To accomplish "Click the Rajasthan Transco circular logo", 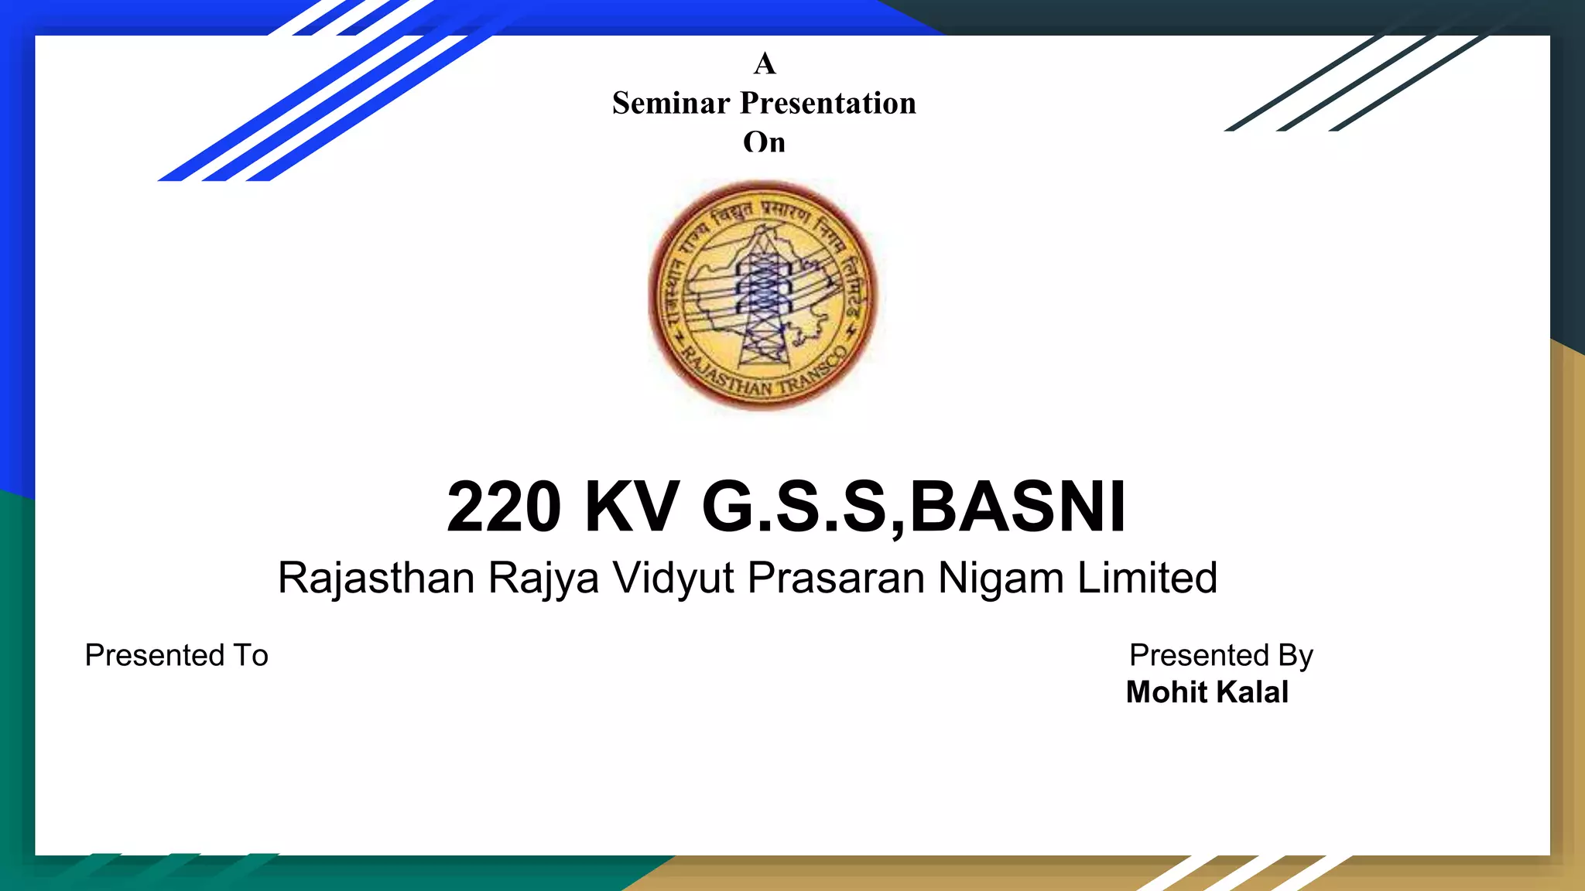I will (763, 294).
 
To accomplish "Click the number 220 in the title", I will (504, 507).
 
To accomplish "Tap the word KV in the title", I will (632, 507).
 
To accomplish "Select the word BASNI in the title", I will (1018, 507).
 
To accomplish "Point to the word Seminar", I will (671, 103).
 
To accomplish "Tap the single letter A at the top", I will (765, 63).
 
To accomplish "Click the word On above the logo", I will (764, 142).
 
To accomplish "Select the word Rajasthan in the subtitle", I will (376, 578).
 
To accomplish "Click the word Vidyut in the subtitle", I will (673, 578).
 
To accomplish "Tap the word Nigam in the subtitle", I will (1001, 578).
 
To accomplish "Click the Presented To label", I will (176, 655).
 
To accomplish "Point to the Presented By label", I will (1220, 655).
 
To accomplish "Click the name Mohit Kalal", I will (1207, 692).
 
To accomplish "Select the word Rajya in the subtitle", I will (543, 578).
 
